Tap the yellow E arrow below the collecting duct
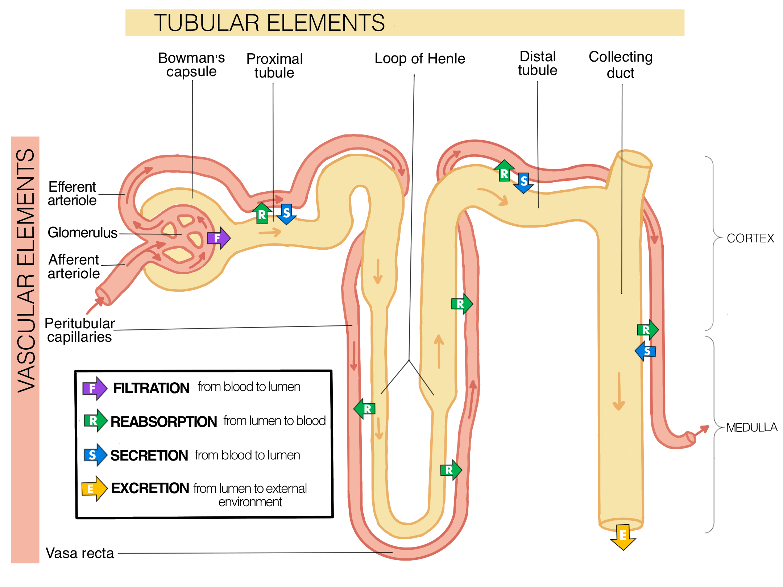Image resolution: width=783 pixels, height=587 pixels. pos(623,537)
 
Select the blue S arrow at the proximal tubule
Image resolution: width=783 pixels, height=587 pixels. pos(286,214)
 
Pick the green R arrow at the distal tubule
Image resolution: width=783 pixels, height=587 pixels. pos(504,171)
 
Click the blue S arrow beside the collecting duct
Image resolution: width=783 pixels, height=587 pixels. pos(646,351)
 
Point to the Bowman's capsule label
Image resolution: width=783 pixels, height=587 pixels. pos(191,65)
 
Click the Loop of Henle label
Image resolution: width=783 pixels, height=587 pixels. pos(419,59)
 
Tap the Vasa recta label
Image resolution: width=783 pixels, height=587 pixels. pos(80,553)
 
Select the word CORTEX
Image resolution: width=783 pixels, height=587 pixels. pos(750,238)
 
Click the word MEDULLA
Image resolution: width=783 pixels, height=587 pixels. pos(751,428)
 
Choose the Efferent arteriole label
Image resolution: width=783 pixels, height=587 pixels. pos(72,193)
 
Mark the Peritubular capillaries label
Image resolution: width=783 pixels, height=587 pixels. pos(79,330)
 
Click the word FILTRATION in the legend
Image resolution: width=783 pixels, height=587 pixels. pos(151,388)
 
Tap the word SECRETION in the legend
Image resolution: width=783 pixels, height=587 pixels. pos(149,455)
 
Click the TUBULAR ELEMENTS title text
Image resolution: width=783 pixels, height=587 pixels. pos(269,23)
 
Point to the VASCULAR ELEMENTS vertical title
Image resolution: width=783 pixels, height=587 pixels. pos(25,270)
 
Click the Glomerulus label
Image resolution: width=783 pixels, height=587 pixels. pos(82,233)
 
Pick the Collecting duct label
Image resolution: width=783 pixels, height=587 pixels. pos(620,65)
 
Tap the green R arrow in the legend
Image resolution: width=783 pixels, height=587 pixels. pos(95,421)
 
